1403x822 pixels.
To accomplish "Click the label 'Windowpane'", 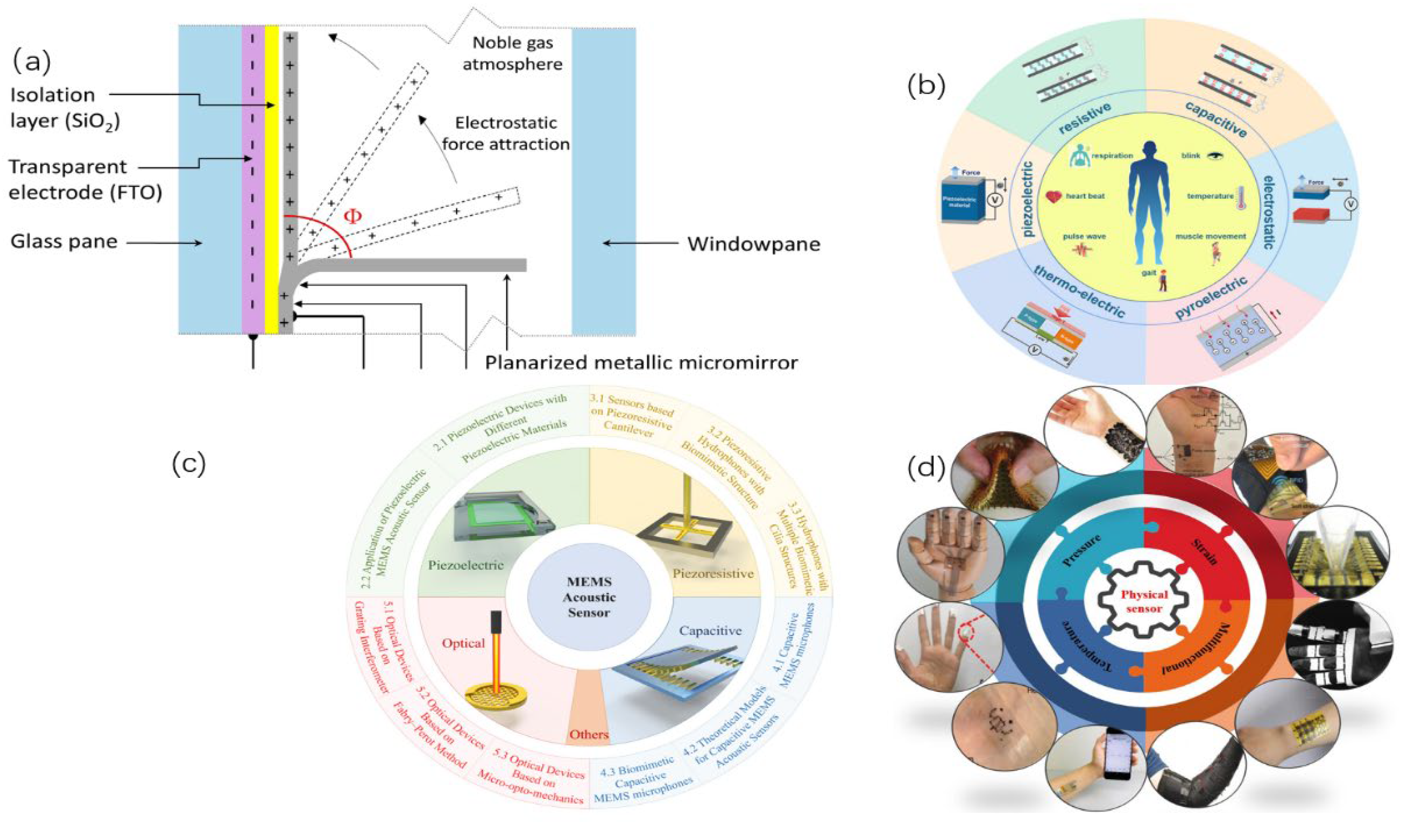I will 753,244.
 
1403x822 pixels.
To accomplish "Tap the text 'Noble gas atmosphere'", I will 512,54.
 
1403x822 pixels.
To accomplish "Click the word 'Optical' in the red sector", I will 463,643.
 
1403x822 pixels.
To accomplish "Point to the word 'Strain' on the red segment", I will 1204,551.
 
